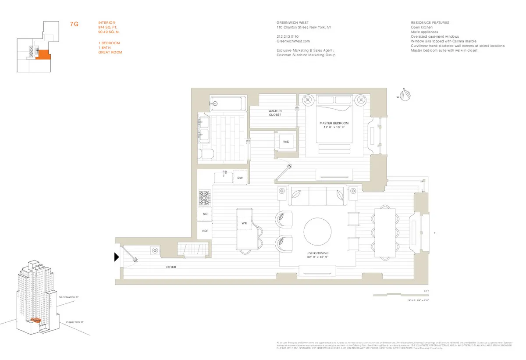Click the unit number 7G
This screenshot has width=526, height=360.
pos(74,25)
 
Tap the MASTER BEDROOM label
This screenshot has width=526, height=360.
pos(334,124)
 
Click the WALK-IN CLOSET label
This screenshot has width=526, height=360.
pos(275,113)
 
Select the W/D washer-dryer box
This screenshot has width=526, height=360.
pos(286,142)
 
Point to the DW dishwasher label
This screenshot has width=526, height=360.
pos(240,178)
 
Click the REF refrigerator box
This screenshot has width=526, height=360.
pos(205,231)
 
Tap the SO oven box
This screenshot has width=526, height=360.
pos(205,214)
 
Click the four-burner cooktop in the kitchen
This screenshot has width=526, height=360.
pos(205,197)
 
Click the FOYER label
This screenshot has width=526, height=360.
pos(171,267)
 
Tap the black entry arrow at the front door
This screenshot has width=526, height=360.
pos(117,257)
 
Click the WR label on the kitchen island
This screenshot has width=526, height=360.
pos(245,223)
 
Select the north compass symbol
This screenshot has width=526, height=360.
pos(406,95)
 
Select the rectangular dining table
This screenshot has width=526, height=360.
pos(385,233)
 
